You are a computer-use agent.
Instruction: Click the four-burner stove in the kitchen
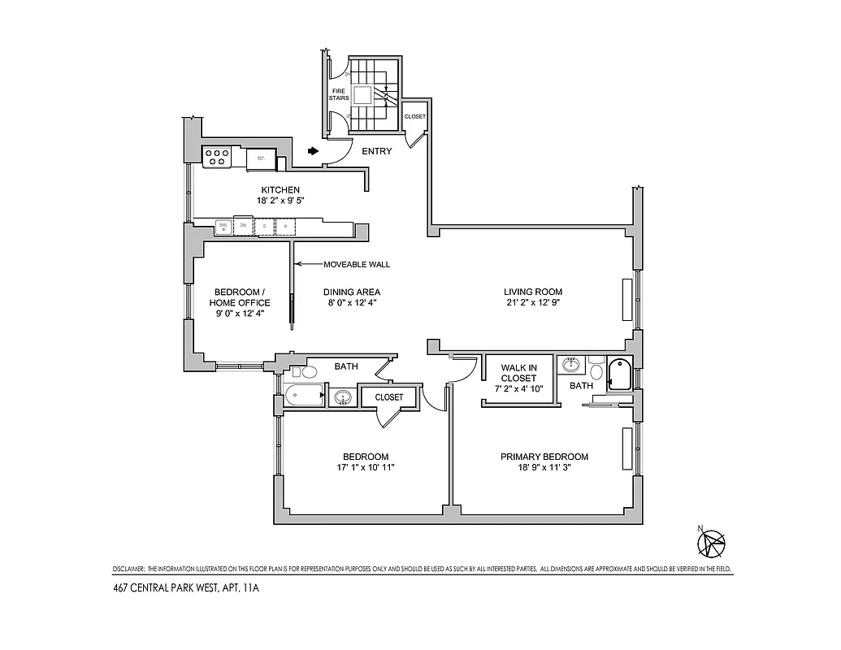pyautogui.click(x=216, y=156)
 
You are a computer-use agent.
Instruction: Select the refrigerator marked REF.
pyautogui.click(x=261, y=158)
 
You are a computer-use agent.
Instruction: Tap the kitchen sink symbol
pyautogui.click(x=223, y=227)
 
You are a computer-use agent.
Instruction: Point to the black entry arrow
pyautogui.click(x=314, y=150)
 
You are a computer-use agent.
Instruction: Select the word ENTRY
pyautogui.click(x=376, y=151)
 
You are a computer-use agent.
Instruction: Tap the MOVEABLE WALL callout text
pyautogui.click(x=357, y=264)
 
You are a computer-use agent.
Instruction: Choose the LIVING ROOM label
pyautogui.click(x=532, y=292)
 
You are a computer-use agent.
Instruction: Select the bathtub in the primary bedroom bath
pyautogui.click(x=621, y=375)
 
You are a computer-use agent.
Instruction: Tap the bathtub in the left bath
pyautogui.click(x=302, y=397)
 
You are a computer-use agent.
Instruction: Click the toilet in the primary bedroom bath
pyautogui.click(x=597, y=371)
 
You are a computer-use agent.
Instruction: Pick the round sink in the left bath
pyautogui.click(x=342, y=397)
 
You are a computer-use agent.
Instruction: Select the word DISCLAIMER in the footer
pyautogui.click(x=128, y=568)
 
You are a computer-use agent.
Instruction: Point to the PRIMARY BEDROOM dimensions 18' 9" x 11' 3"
pyautogui.click(x=544, y=467)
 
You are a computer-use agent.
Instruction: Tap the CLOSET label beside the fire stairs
pyautogui.click(x=414, y=116)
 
